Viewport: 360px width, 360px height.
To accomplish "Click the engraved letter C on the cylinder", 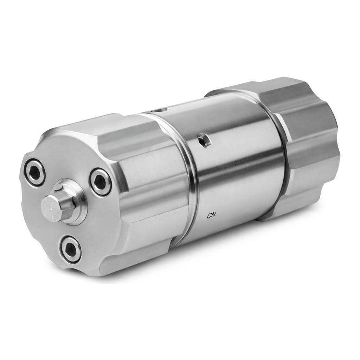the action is coord(210,216).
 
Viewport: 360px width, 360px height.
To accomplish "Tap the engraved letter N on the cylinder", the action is coord(214,215).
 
